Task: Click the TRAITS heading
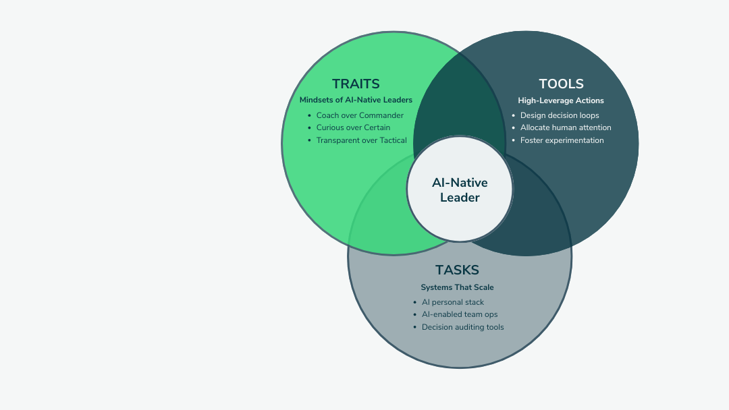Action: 356,84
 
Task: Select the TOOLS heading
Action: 561,84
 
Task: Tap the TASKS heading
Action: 457,270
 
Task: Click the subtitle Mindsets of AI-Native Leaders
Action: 356,100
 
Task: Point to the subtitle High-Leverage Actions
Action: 561,100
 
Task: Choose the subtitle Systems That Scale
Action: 457,287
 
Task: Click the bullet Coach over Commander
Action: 360,115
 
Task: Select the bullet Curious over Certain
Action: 353,127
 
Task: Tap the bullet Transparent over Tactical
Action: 361,140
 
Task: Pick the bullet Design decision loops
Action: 560,115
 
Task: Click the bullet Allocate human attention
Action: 566,127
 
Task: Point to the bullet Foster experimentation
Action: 562,140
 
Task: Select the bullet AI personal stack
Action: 453,302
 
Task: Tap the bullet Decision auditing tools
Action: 462,327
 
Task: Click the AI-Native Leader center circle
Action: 460,190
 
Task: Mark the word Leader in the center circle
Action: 460,198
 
